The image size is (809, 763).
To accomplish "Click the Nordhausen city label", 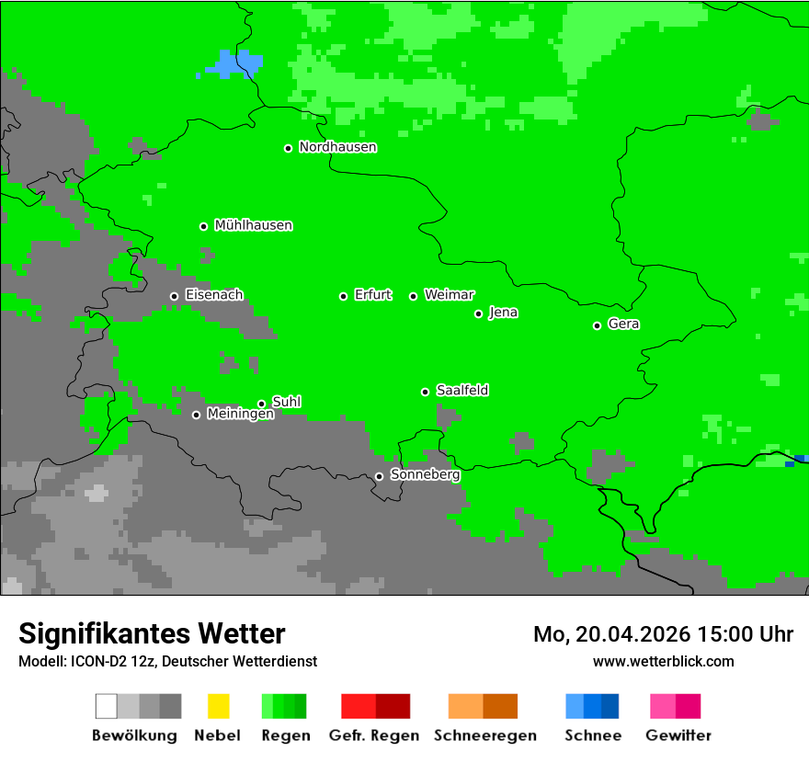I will (337, 147).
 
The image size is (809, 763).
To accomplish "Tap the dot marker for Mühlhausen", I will (203, 226).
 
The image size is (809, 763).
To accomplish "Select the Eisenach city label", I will (214, 295).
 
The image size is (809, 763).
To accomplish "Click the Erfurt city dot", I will (343, 296).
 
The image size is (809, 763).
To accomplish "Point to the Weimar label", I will (449, 295).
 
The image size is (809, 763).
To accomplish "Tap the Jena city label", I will (503, 313).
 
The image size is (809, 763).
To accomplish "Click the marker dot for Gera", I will (597, 325).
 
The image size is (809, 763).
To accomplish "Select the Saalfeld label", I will (461, 391).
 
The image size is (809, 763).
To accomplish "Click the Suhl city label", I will (286, 402).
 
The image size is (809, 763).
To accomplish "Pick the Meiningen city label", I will (240, 415).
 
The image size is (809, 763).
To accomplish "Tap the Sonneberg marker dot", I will (379, 476).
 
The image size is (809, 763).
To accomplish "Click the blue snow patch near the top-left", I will (234, 65).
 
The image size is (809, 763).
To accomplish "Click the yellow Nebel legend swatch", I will (218, 706).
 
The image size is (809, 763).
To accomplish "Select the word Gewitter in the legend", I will (678, 735).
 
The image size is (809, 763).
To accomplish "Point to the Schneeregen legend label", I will (485, 735).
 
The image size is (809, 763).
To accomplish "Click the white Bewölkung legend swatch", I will (106, 706).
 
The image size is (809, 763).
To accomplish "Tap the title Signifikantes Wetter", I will (152, 633).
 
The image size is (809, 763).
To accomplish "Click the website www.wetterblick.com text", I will (663, 661).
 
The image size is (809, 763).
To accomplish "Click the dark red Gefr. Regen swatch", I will (393, 706).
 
